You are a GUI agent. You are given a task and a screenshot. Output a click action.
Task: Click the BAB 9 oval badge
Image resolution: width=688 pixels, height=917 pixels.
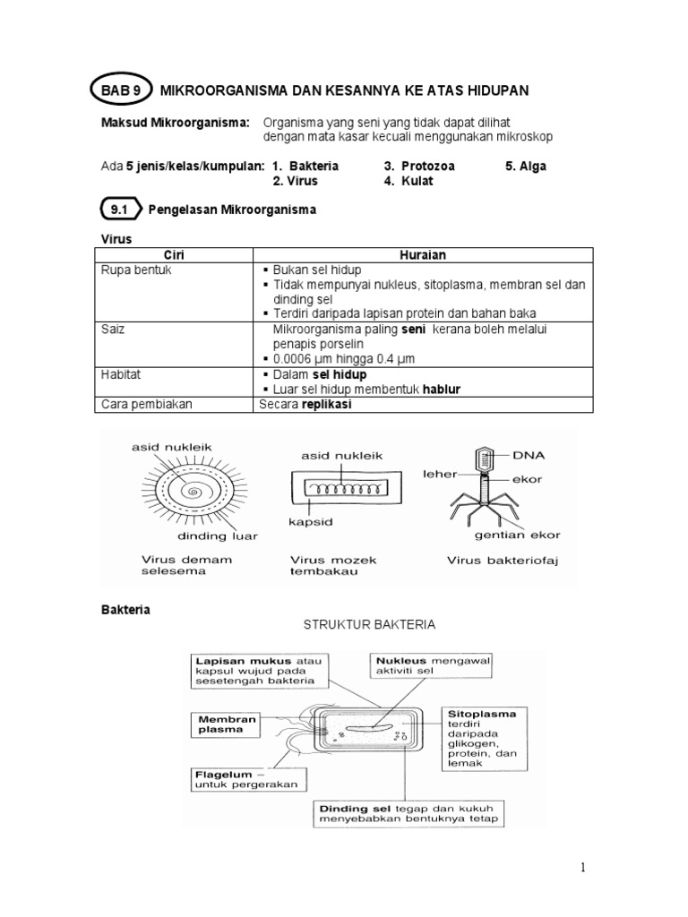tap(121, 90)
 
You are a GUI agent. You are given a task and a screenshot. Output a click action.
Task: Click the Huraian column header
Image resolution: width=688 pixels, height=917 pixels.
tap(423, 254)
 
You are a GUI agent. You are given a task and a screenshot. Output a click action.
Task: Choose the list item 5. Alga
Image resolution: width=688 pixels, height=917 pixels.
tap(526, 167)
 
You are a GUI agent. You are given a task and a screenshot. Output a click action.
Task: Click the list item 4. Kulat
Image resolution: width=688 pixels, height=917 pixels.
tap(408, 181)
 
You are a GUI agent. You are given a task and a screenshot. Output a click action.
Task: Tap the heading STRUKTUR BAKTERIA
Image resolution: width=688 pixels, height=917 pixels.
tap(369, 625)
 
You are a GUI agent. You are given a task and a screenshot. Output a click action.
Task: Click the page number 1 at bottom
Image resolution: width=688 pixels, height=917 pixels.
tap(581, 867)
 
